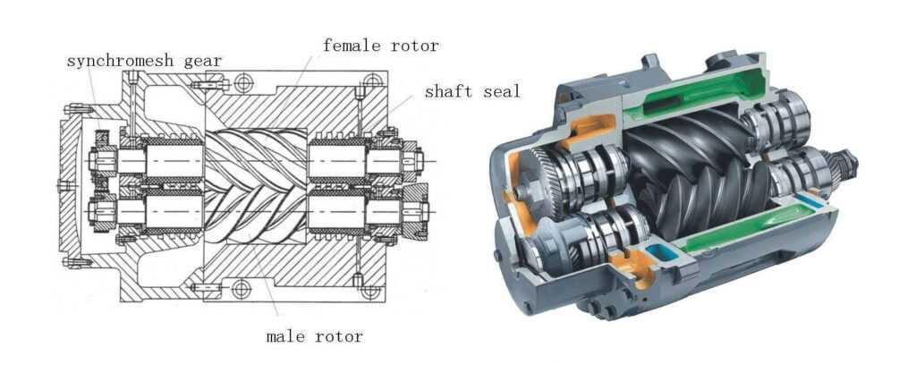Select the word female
pos(350,44)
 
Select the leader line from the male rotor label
pos(268,286)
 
